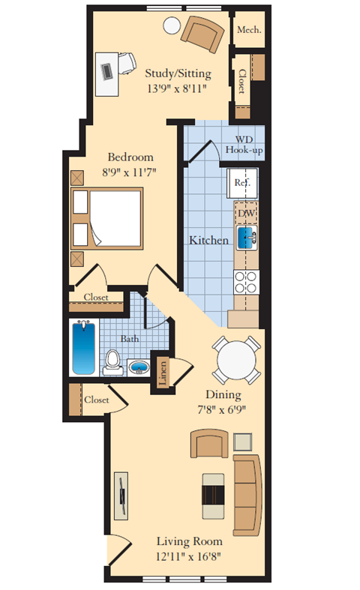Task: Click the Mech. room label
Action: (248, 30)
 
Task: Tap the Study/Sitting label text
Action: (178, 73)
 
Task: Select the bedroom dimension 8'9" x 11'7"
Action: (130, 172)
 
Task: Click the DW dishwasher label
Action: (246, 213)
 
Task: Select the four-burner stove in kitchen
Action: (247, 281)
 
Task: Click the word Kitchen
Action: (208, 241)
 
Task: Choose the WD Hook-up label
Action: (244, 145)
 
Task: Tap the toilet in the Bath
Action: (112, 361)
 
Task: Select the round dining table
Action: (234, 360)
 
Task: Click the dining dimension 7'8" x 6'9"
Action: (223, 409)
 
